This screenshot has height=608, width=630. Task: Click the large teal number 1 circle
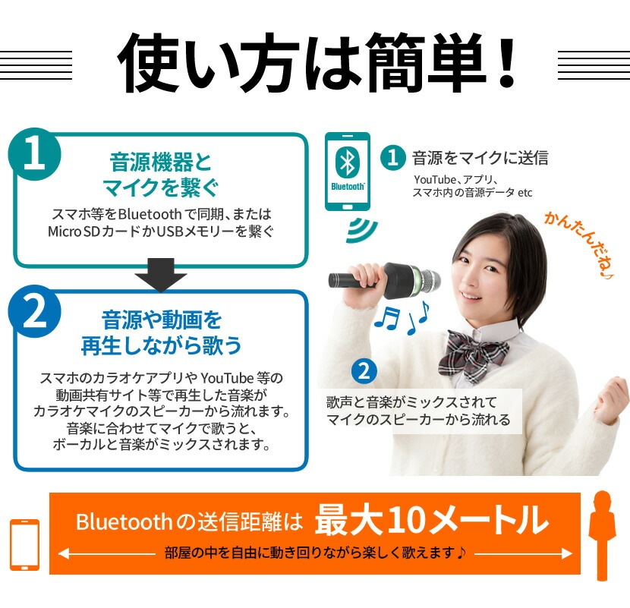coord(35,154)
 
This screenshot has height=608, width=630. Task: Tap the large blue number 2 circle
coord(35,312)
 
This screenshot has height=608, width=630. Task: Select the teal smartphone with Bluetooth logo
coord(348,172)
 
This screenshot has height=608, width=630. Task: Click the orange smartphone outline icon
coord(24,544)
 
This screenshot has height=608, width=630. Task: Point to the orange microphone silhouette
coord(601,535)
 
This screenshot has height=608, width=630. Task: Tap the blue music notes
coord(402,318)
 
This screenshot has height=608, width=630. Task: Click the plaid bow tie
coord(473,354)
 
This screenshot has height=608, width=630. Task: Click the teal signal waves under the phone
coord(361,230)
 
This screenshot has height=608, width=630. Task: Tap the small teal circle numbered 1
coord(393,158)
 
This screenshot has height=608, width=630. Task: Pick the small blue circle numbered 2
coord(364,371)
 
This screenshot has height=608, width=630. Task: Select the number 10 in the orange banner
coord(407,520)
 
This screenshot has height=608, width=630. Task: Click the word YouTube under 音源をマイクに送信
coord(435,180)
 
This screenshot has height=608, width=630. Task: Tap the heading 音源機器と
coord(161,162)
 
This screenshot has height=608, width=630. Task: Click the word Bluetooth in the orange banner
coord(124,521)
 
